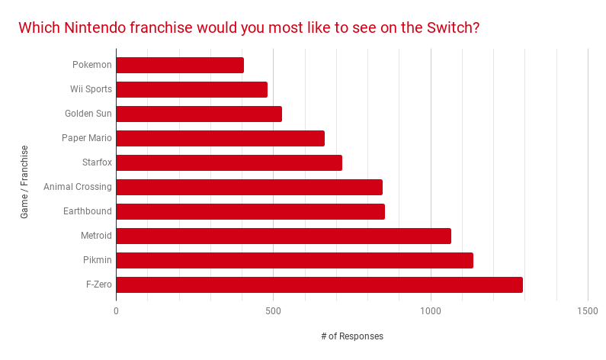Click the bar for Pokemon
(180, 65)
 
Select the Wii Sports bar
(191, 89)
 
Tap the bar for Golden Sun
(199, 114)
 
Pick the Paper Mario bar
(220, 138)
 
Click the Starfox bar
(229, 162)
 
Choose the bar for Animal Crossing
(249, 187)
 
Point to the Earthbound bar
(250, 211)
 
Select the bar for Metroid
(284, 236)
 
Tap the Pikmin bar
(294, 260)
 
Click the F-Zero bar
(319, 284)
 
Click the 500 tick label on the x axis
(273, 311)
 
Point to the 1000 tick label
(431, 311)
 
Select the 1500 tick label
(588, 311)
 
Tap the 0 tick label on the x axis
(116, 311)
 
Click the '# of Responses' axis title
(351, 336)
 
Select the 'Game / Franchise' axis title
(24, 182)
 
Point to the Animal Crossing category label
(78, 187)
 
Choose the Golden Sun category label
(88, 114)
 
